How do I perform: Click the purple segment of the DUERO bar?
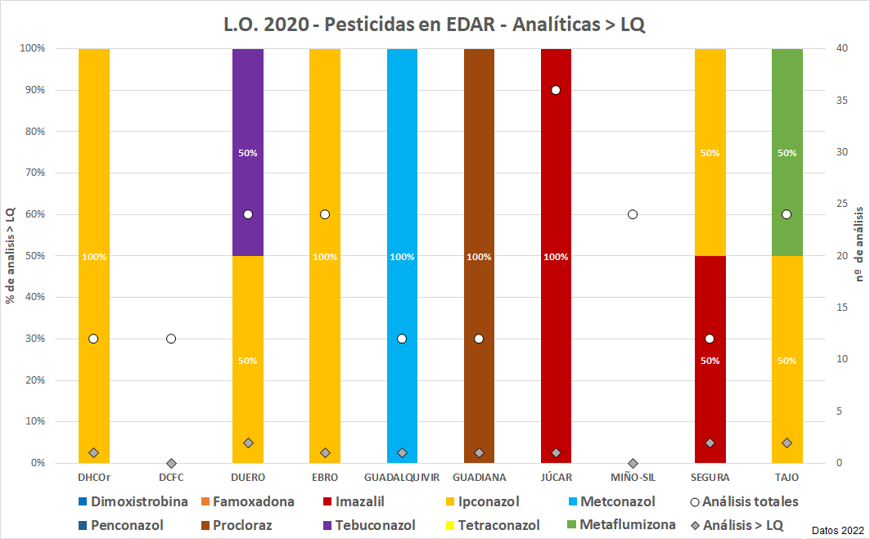coord(248,115)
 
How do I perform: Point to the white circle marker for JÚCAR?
coord(556,90)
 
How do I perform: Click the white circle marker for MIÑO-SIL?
coord(633,214)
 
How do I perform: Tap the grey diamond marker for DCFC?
coord(171,463)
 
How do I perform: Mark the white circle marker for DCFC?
coord(171,339)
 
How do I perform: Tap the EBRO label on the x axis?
coord(325,477)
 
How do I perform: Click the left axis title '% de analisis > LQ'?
coord(11,255)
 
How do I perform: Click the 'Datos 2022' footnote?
coord(838,530)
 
